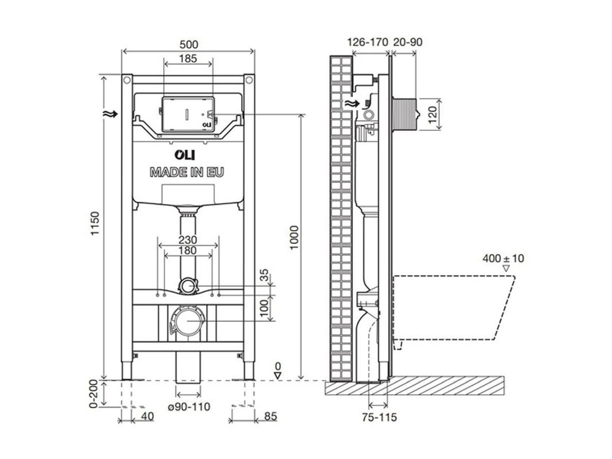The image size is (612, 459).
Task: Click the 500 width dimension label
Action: pos(188,45)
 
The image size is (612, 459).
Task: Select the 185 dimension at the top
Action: pos(188,59)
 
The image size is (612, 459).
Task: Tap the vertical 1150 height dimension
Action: pos(96,224)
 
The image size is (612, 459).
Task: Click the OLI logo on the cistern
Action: pos(185,155)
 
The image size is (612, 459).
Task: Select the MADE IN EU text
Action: pos(188,172)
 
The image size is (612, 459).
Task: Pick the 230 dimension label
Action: pos(188,240)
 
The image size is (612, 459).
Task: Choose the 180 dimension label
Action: pos(188,251)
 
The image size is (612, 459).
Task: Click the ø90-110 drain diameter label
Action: pos(189,407)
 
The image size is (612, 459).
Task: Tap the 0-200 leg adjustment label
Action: pos(93,393)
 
